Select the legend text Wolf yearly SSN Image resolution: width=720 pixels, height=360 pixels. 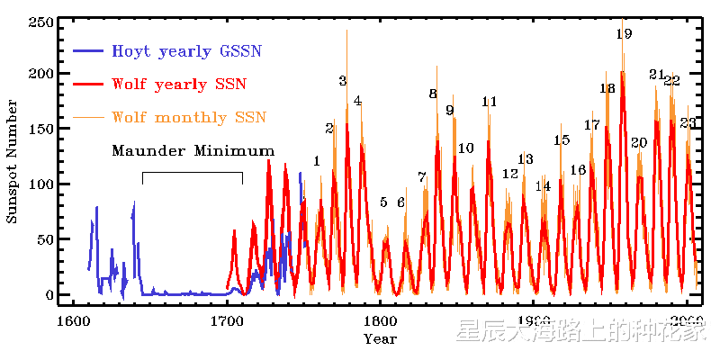tap(179, 84)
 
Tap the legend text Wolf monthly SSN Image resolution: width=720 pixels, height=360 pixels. tap(188, 116)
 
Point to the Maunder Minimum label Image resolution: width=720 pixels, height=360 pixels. tap(193, 150)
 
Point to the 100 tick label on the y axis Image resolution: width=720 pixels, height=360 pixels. tap(42, 184)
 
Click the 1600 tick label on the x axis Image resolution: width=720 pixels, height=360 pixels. tap(71, 321)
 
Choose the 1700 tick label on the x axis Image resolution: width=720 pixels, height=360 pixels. tap(226, 321)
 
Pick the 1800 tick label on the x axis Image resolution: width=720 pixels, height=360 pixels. tap(380, 321)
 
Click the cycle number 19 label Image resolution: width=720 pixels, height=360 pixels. tap(624, 34)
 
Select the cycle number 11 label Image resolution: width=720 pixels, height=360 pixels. tap(489, 102)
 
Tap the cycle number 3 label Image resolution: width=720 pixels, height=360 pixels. tap(342, 81)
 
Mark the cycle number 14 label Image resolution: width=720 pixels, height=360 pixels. tap(543, 186)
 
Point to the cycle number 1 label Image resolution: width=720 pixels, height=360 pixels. tap(316, 161)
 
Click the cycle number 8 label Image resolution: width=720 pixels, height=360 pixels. tap(432, 94)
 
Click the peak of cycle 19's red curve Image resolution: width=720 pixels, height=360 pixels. tap(623, 73)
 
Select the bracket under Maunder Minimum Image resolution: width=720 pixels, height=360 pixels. tap(193, 173)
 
